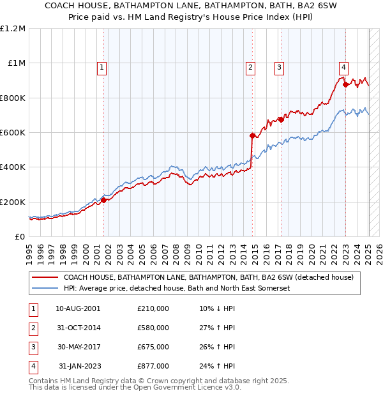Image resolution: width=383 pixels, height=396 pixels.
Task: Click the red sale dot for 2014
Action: point(252,135)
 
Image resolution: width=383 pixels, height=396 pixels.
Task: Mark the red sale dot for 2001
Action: point(103,200)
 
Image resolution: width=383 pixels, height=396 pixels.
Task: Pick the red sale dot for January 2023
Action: point(345,84)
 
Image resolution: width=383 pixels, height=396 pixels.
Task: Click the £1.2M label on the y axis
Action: point(13,29)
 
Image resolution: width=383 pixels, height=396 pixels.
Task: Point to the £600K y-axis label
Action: point(12,133)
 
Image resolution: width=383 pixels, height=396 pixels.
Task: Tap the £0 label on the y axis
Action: point(19,236)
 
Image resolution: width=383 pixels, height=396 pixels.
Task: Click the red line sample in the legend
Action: point(45,277)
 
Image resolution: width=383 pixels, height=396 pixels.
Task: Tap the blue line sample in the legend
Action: point(45,289)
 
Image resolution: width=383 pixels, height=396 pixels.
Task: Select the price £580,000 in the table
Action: point(153,328)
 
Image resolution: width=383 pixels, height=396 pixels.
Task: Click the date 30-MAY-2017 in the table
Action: point(78,347)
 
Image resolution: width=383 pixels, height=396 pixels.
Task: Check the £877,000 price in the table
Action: point(153,366)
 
